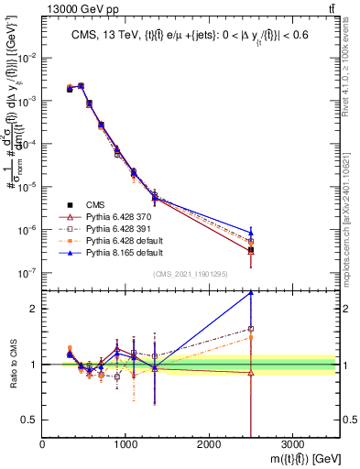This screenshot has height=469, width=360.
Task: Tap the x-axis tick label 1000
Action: coord(125,442)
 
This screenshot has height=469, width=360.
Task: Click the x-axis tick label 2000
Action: coord(209,442)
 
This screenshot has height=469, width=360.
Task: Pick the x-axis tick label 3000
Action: coord(292,442)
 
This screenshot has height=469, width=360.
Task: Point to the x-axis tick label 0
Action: coord(42,442)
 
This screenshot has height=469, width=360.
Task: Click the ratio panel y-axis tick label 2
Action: coord(32,309)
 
